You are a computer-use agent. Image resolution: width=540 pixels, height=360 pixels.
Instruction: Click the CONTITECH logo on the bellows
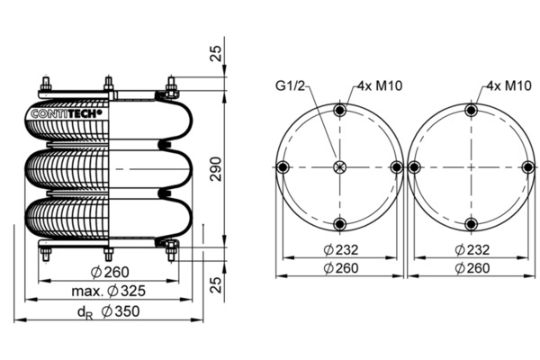coord(68,113)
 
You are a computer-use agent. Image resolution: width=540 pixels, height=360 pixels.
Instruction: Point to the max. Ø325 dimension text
coord(108,292)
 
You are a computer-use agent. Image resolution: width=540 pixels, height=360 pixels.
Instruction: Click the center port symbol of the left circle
coord(339,167)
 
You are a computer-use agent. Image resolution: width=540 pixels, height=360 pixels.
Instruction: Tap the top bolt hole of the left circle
coord(339,111)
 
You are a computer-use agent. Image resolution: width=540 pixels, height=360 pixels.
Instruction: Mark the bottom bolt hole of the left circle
coord(339,224)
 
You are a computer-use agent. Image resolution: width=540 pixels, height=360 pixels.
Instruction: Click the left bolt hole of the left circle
coord(283,167)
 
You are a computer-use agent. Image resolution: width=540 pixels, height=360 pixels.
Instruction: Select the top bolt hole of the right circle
coord(469,111)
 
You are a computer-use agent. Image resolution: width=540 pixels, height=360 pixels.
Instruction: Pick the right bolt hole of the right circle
coord(526,167)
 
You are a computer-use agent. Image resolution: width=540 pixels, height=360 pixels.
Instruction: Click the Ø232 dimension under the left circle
coord(339,249)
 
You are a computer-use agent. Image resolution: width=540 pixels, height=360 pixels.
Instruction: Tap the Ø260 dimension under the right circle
coord(472,268)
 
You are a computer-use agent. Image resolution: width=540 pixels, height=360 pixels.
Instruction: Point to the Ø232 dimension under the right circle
coord(472,249)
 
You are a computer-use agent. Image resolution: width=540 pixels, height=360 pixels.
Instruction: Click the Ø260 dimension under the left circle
coord(339,268)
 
